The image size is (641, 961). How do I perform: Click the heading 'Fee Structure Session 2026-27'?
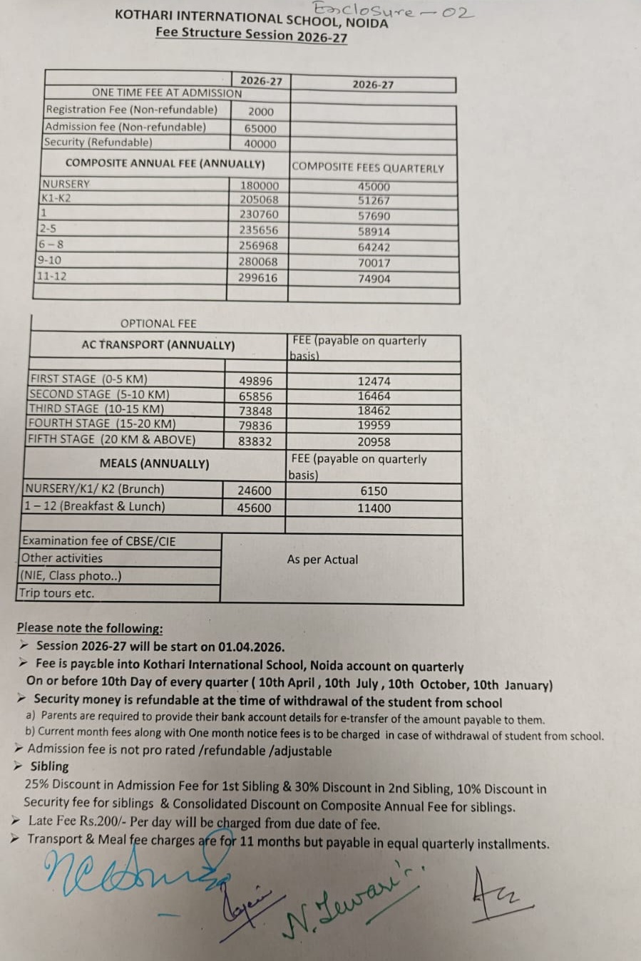point(251,34)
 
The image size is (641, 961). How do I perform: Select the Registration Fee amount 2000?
point(260,111)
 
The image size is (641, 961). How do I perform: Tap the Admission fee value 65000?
point(260,128)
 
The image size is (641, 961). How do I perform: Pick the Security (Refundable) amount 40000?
point(260,144)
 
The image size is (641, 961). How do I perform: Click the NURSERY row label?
point(66,184)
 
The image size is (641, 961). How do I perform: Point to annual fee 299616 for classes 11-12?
point(257,277)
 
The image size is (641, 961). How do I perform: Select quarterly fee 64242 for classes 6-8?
point(374,247)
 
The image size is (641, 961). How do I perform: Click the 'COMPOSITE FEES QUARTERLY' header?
point(367,168)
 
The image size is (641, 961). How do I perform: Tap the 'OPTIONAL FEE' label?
point(158,324)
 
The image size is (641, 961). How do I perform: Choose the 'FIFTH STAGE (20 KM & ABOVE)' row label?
point(111,440)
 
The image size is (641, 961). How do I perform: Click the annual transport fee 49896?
point(255,381)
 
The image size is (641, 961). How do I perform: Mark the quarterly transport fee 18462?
point(374,411)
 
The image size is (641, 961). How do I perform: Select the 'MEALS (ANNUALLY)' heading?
point(155,463)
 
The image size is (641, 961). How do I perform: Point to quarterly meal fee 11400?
point(374,508)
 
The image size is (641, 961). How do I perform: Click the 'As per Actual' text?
point(322,560)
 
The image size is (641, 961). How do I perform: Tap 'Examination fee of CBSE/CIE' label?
point(98,541)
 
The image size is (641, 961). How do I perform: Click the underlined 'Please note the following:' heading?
point(90,628)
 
